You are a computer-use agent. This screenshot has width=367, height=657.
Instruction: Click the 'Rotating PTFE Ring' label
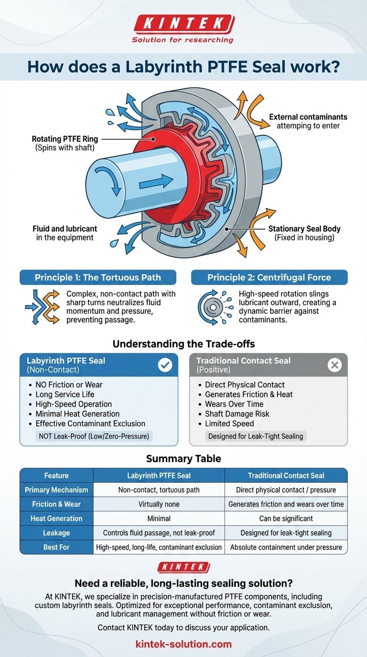coord(65,139)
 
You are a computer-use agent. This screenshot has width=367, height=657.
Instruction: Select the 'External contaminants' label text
coord(308,117)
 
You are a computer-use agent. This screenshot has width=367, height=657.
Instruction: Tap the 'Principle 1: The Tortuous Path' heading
coord(98,277)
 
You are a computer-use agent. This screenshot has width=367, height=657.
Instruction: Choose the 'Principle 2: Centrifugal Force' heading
coord(269,277)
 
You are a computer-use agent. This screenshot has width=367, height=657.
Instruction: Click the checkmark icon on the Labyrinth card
coord(165,365)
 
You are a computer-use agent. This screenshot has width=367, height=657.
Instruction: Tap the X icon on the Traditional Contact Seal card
coord(335,365)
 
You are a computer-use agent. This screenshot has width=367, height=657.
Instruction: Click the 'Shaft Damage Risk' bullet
coord(237,413)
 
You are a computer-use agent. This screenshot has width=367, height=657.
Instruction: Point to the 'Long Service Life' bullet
coord(65,394)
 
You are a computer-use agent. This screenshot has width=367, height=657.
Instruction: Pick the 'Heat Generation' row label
coord(56,518)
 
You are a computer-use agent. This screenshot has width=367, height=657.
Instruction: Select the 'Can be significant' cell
coord(286,518)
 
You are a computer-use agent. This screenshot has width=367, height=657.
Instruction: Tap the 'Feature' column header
coord(56,476)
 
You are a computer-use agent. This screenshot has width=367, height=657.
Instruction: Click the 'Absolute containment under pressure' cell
coord(286,547)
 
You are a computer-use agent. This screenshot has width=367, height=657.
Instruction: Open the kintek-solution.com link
coord(183,644)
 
